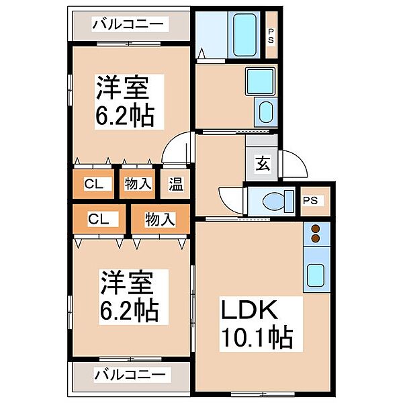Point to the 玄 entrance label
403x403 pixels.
263,164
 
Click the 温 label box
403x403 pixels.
175,184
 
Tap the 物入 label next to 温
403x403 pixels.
138,184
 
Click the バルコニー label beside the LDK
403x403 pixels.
129,374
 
